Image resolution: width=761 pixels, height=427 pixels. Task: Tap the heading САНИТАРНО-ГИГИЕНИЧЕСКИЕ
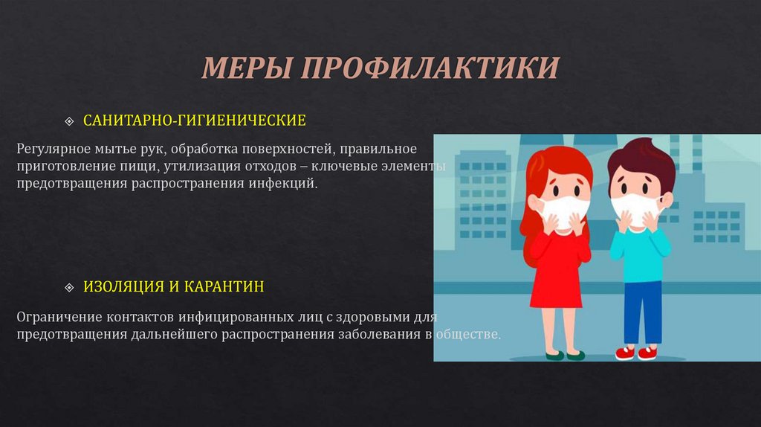click(194, 120)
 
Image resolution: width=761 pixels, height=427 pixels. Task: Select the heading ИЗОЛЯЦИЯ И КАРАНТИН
click(173, 286)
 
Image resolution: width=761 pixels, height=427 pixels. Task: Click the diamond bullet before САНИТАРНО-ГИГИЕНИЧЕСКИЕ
click(70, 121)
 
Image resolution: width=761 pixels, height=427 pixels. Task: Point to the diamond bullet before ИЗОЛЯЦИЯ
click(70, 287)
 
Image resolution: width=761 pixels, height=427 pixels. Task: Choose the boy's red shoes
click(637, 352)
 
